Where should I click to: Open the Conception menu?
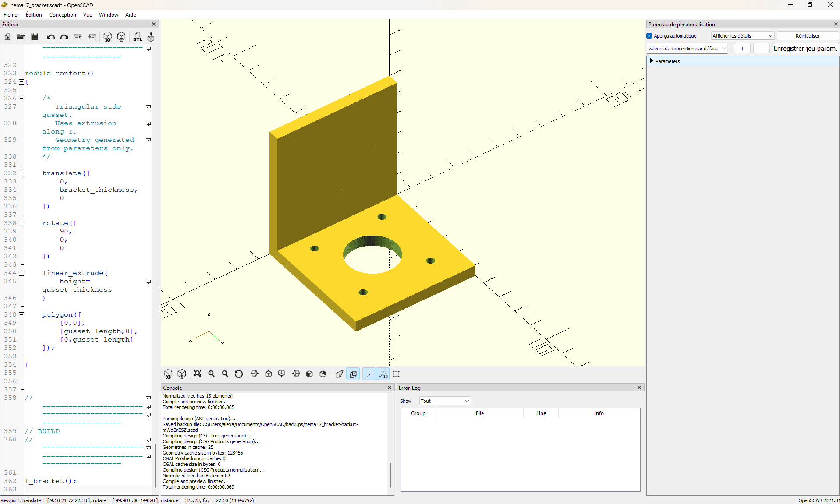(63, 15)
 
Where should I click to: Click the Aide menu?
(131, 15)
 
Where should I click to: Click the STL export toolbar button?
(138, 37)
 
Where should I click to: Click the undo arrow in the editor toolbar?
(51, 37)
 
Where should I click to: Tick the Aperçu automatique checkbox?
(649, 36)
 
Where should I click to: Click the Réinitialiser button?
(807, 36)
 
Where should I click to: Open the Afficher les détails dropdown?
(743, 36)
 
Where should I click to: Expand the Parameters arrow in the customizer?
(651, 61)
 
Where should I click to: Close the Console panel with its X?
(390, 388)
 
